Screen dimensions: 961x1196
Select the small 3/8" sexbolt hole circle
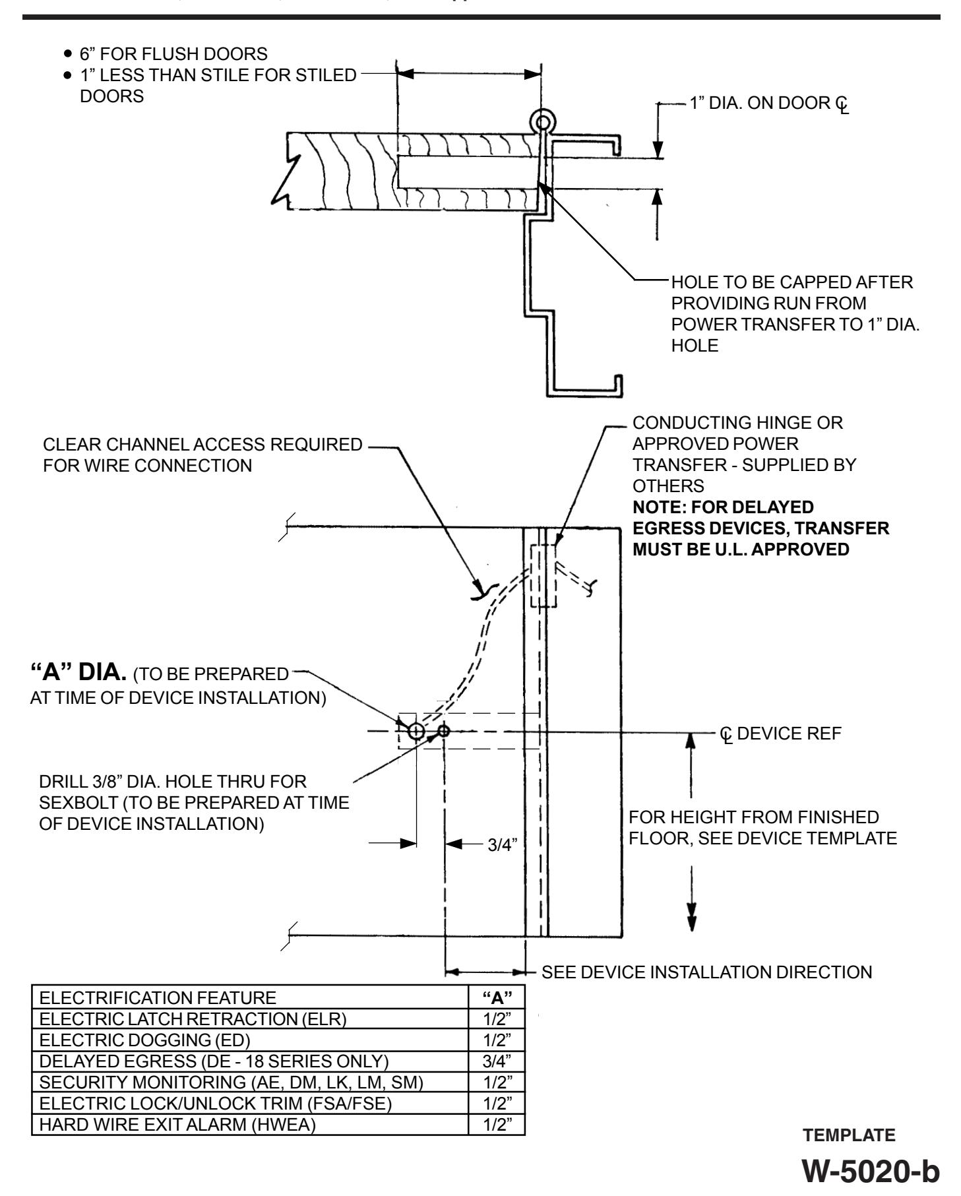[x=443, y=731]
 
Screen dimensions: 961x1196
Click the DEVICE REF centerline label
[x=782, y=734]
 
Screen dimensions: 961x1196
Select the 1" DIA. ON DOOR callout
[x=769, y=105]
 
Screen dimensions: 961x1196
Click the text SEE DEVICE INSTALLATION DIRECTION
[x=706, y=972]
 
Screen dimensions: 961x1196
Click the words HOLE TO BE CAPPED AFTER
[x=792, y=284]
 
